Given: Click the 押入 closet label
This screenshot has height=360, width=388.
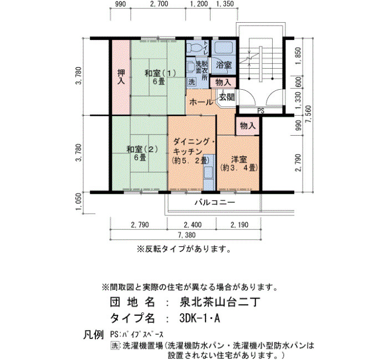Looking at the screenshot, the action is click(x=121, y=77).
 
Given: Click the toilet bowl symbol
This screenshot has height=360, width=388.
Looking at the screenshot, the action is click(x=194, y=47).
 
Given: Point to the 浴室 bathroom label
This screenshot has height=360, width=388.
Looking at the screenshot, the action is click(x=224, y=65).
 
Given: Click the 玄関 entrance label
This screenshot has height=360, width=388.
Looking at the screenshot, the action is click(x=227, y=97).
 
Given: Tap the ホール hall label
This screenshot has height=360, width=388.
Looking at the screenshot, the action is click(x=201, y=102).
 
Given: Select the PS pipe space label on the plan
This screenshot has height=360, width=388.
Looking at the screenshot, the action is click(x=261, y=111).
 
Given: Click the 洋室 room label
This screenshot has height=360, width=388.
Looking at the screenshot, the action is click(x=239, y=160).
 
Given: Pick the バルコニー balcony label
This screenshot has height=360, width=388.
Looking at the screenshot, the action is click(x=215, y=203).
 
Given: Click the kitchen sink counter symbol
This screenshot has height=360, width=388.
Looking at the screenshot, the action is click(x=208, y=173).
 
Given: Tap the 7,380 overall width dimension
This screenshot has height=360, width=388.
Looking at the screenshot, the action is click(x=187, y=235).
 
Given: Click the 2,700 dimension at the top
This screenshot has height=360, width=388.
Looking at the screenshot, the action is click(x=160, y=4).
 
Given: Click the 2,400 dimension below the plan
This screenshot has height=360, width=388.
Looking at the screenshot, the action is click(x=193, y=225).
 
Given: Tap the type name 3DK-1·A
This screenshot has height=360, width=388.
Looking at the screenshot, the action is click(x=200, y=318).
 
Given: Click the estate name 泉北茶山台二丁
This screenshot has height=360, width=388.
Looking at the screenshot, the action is click(x=219, y=302).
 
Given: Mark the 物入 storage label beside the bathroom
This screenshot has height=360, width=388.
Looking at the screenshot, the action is click(x=223, y=83).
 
